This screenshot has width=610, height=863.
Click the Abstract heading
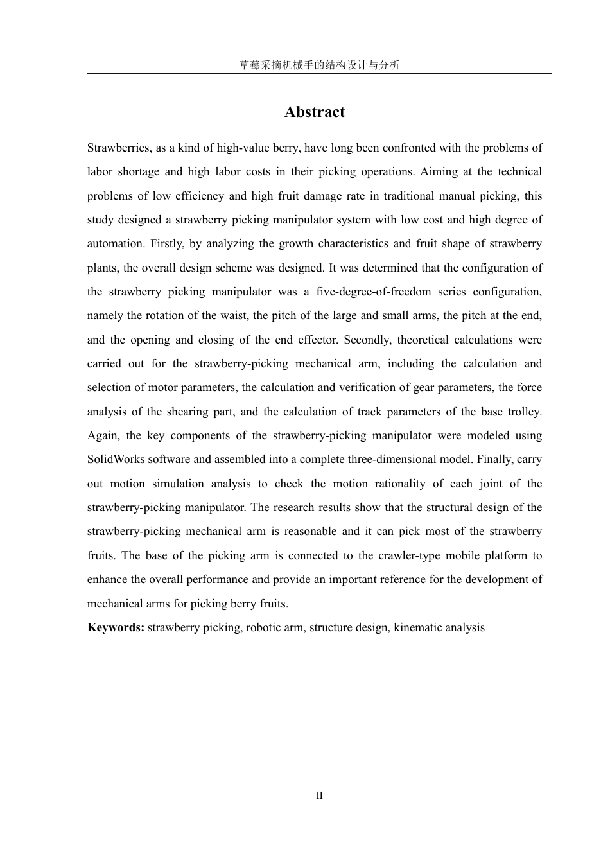tap(315, 112)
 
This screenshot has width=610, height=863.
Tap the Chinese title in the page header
tap(319, 65)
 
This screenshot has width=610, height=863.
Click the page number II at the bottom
tap(319, 796)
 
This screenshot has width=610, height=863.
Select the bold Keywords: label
tap(116, 627)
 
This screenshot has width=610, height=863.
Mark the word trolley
tap(525, 412)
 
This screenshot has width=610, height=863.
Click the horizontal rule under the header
tap(319, 73)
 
